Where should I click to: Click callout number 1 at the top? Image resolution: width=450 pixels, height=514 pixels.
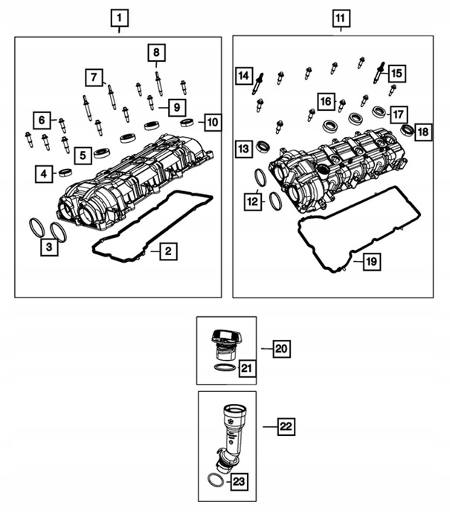pos(119,18)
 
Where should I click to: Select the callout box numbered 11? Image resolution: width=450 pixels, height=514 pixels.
pos(341,19)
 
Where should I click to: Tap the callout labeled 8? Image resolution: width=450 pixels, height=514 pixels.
pos(156,53)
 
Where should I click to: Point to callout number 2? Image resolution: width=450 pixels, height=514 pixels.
pos(168,251)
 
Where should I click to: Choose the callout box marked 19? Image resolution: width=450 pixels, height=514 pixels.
pos(372,262)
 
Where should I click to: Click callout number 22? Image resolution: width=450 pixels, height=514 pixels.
pos(286,426)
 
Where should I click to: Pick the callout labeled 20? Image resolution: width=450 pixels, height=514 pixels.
pos(282,349)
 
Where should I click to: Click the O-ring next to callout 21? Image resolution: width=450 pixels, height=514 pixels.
pos(225,367)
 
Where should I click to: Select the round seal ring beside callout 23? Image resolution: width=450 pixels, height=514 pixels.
pos(216,481)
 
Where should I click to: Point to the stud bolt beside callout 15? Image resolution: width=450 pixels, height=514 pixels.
pos(379,72)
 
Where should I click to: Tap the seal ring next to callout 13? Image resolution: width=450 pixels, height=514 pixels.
pos(263,147)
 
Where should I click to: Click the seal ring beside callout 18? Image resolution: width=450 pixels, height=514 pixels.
pos(408,130)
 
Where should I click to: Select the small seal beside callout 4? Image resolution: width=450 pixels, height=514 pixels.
pos(65,172)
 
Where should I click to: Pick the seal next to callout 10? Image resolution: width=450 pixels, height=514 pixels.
pos(187,123)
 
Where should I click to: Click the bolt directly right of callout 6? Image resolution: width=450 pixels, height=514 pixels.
pos(62,126)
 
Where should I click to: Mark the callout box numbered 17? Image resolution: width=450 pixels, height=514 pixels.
pos(399,115)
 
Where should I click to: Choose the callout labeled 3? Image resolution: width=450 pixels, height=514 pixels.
pos(49,247)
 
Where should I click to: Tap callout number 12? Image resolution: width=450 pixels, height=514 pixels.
pos(253,202)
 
